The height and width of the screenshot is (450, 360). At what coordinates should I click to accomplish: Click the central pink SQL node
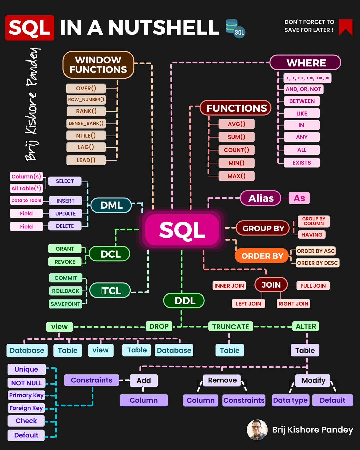click(182, 230)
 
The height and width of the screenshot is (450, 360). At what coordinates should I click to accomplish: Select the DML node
click(111, 205)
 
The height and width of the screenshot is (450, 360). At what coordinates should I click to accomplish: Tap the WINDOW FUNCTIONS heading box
click(98, 65)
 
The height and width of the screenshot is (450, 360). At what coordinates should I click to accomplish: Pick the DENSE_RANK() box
click(86, 123)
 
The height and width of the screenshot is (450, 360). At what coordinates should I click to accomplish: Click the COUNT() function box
click(236, 150)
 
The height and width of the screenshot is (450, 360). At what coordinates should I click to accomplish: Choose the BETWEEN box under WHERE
click(302, 101)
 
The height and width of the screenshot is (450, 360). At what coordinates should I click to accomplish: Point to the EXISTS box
click(302, 163)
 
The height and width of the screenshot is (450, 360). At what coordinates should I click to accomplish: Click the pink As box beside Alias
click(299, 198)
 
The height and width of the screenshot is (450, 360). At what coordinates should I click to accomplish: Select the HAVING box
click(312, 235)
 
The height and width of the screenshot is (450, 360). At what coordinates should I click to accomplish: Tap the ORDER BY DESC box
click(317, 263)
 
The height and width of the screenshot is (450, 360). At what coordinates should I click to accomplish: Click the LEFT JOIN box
click(248, 304)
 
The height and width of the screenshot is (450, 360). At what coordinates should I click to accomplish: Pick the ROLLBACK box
click(66, 291)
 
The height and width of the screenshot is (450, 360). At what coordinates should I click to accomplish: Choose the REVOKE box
click(65, 262)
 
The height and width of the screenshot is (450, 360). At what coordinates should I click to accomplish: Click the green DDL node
click(184, 301)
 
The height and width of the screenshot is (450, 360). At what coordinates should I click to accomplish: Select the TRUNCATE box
click(231, 327)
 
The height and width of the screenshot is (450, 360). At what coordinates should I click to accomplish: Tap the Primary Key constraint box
click(26, 395)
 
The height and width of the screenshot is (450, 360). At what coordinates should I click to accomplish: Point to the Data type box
click(290, 400)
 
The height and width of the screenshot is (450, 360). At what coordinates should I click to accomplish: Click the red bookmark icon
click(345, 27)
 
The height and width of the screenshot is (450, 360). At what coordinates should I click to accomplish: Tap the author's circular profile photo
click(257, 430)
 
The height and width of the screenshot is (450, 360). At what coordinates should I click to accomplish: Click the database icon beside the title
click(235, 28)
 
